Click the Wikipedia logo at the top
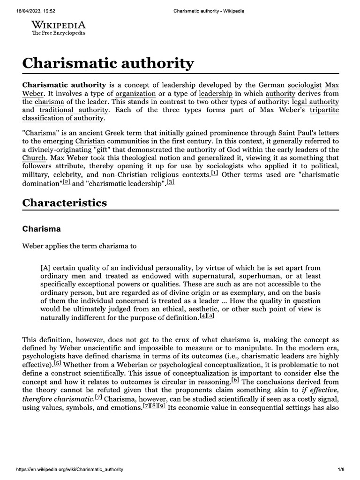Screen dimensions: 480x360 click(x=59, y=28)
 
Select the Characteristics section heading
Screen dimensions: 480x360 click(x=65, y=202)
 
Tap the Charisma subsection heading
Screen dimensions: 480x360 click(x=42, y=229)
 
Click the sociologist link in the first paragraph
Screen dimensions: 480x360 click(x=304, y=85)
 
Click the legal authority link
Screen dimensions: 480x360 click(x=314, y=101)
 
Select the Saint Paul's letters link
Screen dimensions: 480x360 click(x=308, y=133)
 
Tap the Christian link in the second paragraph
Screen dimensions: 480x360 click(x=90, y=141)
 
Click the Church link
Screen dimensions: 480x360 click(x=33, y=157)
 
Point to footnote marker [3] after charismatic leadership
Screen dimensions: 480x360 click(x=171, y=181)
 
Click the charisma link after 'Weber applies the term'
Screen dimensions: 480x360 click(x=114, y=245)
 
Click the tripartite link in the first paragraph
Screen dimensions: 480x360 click(x=323, y=109)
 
